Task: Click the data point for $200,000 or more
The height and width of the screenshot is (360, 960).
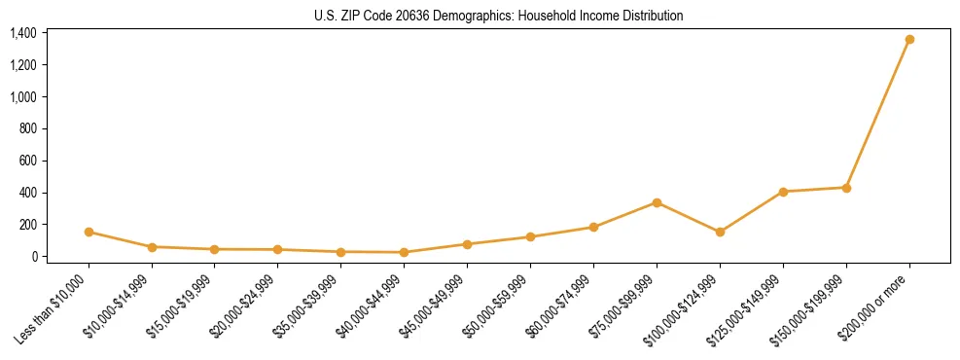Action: click(x=909, y=40)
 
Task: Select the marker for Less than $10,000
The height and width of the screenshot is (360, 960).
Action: click(x=89, y=232)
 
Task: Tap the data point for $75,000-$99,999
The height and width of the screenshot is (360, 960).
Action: click(x=657, y=202)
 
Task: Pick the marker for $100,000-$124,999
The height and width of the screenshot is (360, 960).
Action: click(x=720, y=232)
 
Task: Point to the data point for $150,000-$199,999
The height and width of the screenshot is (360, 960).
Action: click(x=846, y=188)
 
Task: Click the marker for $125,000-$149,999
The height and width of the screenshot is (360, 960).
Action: click(x=783, y=192)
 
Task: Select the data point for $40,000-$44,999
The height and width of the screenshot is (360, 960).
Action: click(x=404, y=252)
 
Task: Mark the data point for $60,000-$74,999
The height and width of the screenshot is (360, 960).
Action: click(x=593, y=227)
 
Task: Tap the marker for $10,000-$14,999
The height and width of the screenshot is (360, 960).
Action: click(x=152, y=247)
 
